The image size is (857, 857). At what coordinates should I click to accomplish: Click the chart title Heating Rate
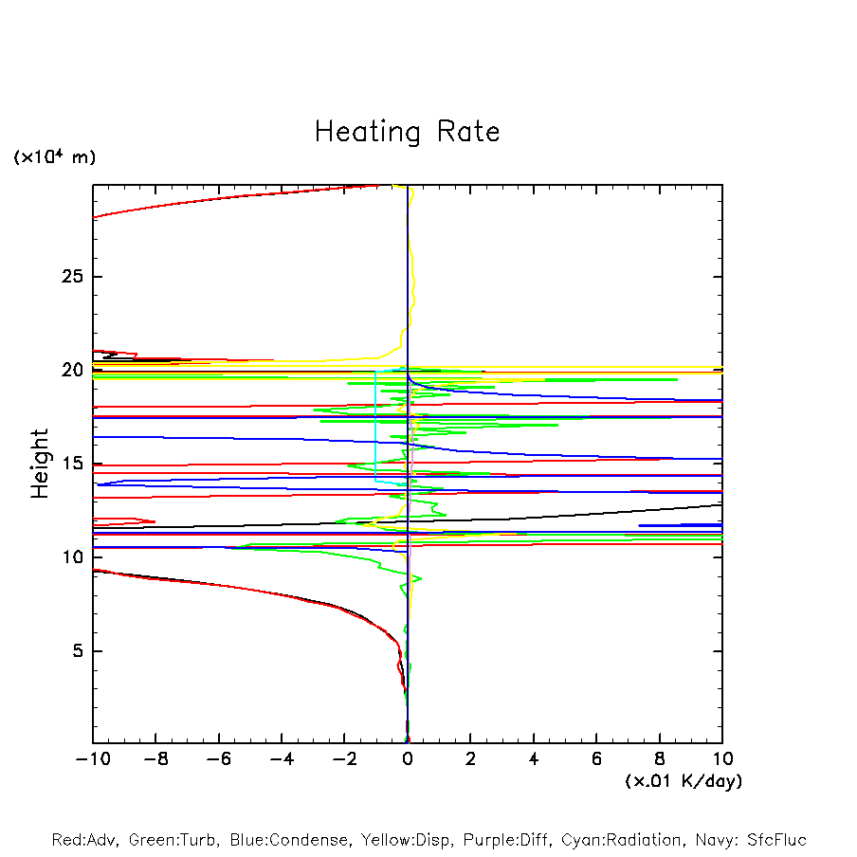pos(407,132)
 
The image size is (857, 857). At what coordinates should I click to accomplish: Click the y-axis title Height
pos(40,463)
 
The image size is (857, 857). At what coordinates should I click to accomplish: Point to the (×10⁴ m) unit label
pos(54,157)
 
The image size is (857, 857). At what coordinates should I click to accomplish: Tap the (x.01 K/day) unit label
pos(683,781)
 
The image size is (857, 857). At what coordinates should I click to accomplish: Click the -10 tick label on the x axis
pos(92,760)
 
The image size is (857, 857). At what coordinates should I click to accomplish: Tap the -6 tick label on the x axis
pos(218,760)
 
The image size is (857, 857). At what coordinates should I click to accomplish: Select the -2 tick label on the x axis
pos(344,760)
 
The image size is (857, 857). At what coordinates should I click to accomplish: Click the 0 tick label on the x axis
pos(408,760)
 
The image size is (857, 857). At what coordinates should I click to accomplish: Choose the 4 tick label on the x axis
pos(534,760)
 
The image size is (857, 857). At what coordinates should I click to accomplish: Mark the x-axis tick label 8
pos(660,760)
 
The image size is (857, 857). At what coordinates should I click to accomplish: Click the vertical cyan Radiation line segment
pos(376,427)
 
